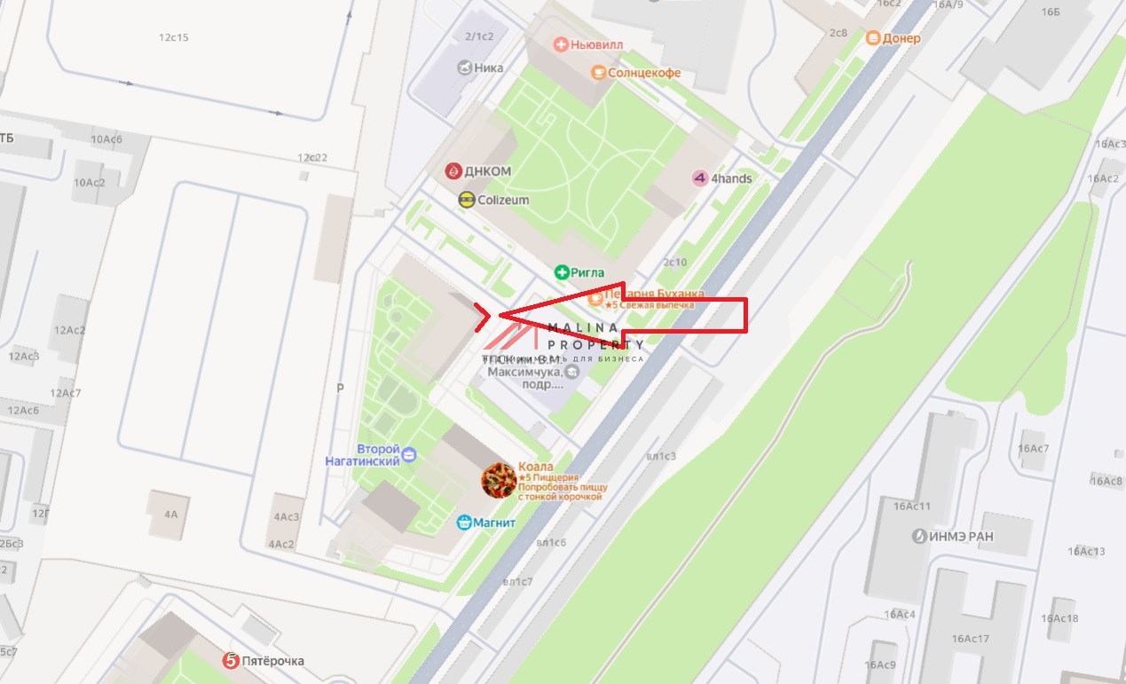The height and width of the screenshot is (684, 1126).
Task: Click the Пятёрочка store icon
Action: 231,661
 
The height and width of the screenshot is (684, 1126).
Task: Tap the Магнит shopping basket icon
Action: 463,523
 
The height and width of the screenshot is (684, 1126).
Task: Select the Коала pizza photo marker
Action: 499,480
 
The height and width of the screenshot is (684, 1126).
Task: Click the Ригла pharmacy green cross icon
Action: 561,272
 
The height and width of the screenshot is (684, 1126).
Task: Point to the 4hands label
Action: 731,178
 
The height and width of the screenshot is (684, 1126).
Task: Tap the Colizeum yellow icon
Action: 466,200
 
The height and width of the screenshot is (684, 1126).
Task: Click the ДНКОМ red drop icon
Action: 453,170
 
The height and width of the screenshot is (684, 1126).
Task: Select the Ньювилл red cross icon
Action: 560,43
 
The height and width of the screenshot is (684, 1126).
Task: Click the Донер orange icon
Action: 873,38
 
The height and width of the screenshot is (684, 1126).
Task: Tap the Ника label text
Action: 489,67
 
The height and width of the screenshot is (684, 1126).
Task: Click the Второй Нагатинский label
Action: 379,455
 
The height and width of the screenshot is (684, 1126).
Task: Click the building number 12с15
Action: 174,38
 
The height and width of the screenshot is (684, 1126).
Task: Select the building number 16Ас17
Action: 970,639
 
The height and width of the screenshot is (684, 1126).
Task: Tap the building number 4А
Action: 170,514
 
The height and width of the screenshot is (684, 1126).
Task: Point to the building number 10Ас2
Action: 90,183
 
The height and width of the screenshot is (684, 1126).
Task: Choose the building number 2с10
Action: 674,262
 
